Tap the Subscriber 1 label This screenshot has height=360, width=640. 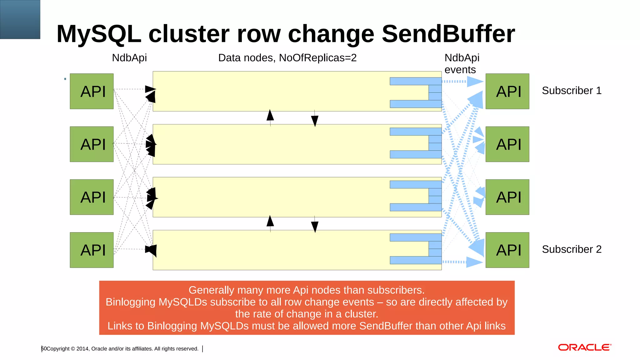[572, 91]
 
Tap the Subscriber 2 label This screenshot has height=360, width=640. [572, 249]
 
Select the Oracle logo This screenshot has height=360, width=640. [584, 347]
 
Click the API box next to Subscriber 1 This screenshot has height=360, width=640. [507, 91]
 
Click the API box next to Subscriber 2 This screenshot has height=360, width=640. [507, 250]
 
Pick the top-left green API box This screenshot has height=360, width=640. [92, 91]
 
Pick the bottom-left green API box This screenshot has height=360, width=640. [92, 250]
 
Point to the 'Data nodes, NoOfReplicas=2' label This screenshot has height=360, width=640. [287, 58]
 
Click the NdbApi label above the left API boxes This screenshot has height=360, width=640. [129, 58]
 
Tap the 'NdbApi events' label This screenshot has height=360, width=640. [462, 63]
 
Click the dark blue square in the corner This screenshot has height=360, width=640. [20, 19]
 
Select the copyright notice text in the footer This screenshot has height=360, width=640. [122, 349]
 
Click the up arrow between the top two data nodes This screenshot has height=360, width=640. [270, 115]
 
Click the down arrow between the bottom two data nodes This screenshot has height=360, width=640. [315, 227]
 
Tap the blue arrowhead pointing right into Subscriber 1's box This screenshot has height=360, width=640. [475, 82]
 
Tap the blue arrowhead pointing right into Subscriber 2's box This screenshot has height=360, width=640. [474, 262]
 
